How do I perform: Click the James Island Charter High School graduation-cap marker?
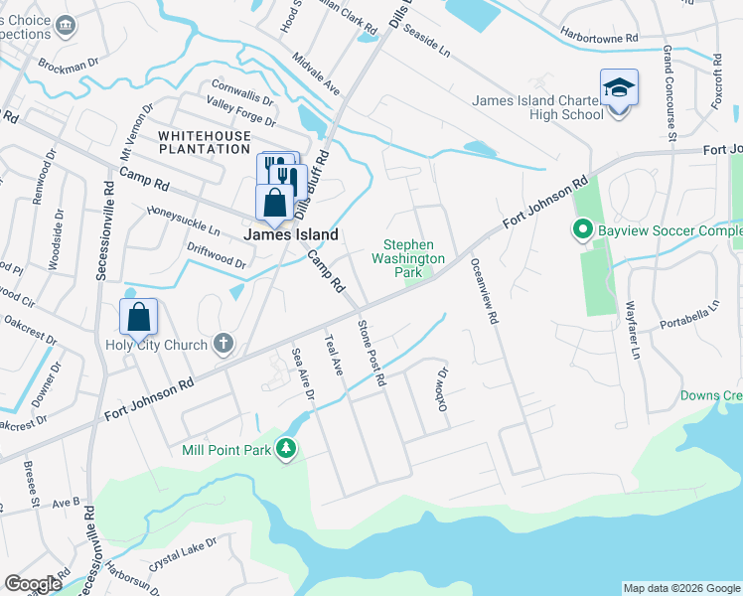click(619, 89)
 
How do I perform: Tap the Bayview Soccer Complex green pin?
click(583, 231)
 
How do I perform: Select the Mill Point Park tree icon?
click(286, 449)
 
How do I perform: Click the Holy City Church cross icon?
click(224, 345)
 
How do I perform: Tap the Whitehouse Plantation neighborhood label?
click(203, 141)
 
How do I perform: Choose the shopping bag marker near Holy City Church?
click(139, 317)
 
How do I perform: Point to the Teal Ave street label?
click(334, 355)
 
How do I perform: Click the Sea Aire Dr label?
click(302, 374)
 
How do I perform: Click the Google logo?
click(33, 584)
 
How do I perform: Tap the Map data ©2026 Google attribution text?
click(681, 588)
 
